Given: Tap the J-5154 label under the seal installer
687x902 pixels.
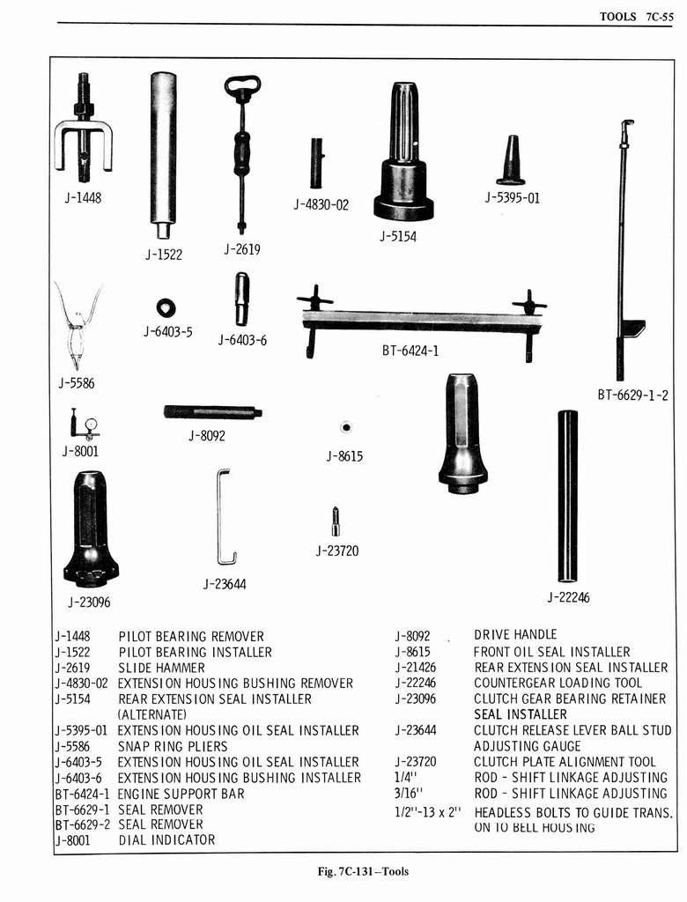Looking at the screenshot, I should click(x=398, y=236).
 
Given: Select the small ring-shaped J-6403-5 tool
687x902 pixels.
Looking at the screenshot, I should click(x=166, y=307).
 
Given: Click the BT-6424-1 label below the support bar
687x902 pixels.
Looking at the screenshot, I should click(x=410, y=351).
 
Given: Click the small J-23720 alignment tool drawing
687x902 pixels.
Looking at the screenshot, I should click(x=336, y=521).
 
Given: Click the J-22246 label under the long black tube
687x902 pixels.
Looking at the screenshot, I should click(x=568, y=597).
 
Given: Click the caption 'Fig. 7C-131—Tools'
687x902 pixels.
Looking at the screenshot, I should click(x=363, y=872).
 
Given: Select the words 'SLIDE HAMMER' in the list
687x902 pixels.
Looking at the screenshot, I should click(x=161, y=668).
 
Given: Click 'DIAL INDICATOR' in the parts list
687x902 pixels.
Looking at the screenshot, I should click(x=166, y=840).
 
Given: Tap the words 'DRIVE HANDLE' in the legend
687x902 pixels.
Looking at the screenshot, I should click(x=515, y=634).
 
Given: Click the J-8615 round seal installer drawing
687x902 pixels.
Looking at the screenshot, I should click(x=346, y=427).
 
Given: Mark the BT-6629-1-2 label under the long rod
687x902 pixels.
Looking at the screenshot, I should click(x=632, y=395).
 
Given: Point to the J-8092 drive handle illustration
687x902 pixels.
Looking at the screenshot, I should click(x=212, y=411).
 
